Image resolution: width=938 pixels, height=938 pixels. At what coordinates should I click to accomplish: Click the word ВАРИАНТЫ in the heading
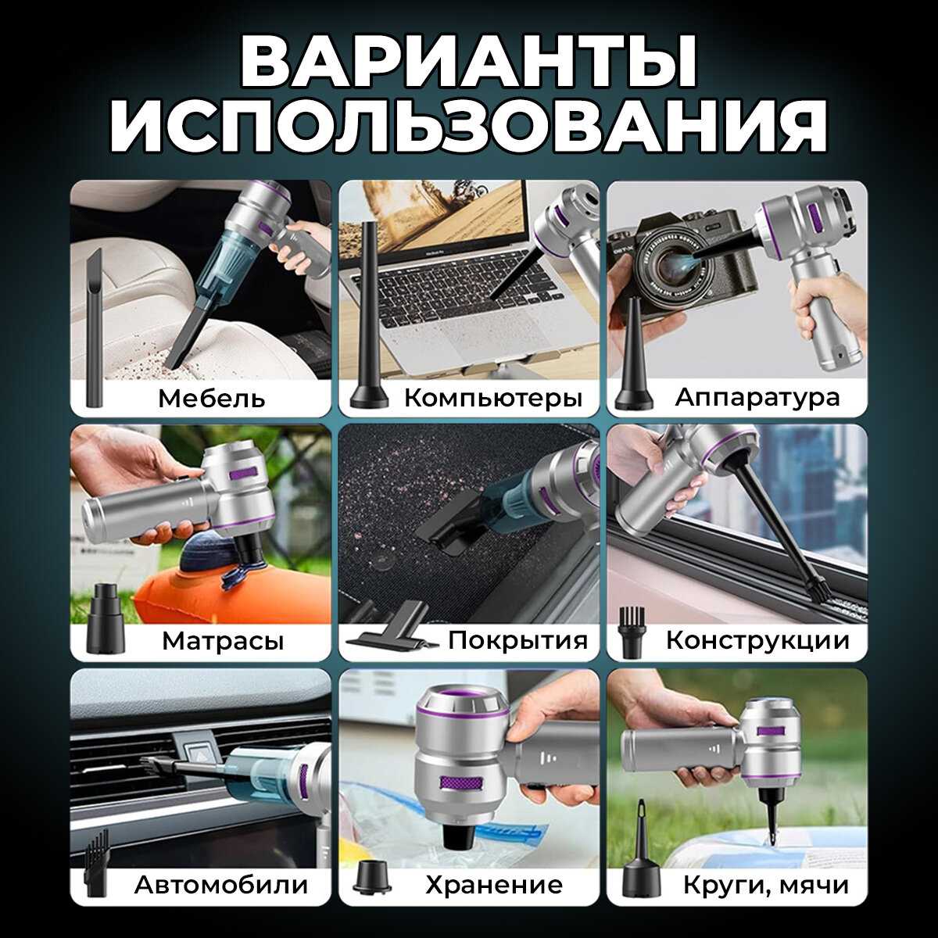(x=469, y=62)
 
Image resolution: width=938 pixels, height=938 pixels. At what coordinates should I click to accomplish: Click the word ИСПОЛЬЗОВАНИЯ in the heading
(x=469, y=127)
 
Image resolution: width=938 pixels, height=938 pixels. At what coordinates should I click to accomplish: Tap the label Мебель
(x=212, y=398)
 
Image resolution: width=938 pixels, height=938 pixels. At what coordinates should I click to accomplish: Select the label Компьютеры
(x=493, y=399)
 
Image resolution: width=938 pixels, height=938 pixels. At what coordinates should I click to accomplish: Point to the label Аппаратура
(x=757, y=398)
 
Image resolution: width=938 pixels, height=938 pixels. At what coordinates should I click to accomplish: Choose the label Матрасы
(x=223, y=642)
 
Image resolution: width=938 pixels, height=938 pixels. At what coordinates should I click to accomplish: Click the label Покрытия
(x=518, y=640)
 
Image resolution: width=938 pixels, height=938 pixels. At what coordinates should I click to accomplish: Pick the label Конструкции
(x=757, y=641)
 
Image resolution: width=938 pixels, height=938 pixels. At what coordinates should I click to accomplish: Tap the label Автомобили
(x=221, y=884)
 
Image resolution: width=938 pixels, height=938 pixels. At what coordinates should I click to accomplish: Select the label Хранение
(x=494, y=885)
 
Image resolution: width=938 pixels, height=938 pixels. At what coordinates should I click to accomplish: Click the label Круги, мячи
(x=766, y=885)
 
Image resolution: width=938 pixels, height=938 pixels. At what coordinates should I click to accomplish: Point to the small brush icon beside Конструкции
(x=632, y=632)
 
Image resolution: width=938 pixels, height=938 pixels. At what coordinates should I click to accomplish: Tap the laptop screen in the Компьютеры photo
(x=433, y=220)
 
